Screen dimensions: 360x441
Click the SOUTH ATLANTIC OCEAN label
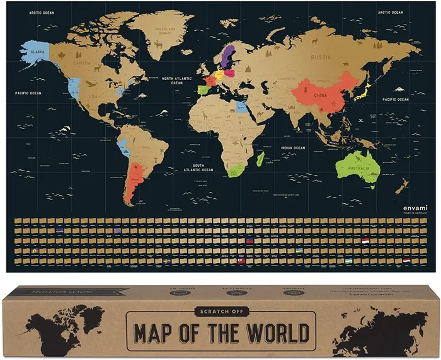[198, 168]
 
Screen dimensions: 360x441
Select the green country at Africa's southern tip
[235, 171]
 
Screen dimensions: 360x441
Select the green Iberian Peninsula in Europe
[203, 90]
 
